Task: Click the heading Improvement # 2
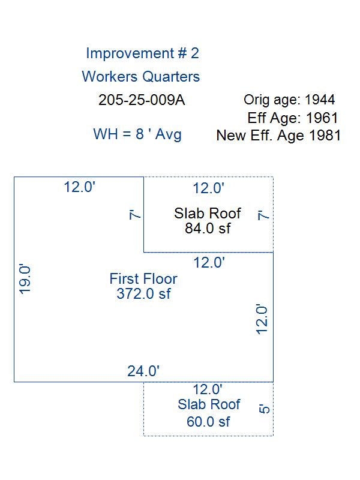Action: (142, 53)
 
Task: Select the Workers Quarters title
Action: (141, 77)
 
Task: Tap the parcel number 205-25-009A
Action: (142, 100)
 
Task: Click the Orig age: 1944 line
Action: (289, 100)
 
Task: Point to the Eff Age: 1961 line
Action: (293, 118)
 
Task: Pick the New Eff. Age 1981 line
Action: (278, 136)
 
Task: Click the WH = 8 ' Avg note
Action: (137, 134)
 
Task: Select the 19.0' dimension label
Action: (25, 279)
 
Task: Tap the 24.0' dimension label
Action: (143, 371)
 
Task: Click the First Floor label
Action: (143, 278)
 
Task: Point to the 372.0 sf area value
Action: (143, 293)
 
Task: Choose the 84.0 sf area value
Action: (208, 228)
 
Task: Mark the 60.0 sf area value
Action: (208, 422)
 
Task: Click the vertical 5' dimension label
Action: (264, 409)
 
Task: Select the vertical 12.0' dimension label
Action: (262, 319)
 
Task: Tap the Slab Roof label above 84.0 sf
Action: (208, 214)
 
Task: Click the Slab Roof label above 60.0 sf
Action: (209, 404)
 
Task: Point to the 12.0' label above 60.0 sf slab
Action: (208, 389)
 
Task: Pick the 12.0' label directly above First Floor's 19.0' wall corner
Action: (80, 187)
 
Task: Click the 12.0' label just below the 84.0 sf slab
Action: (209, 263)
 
